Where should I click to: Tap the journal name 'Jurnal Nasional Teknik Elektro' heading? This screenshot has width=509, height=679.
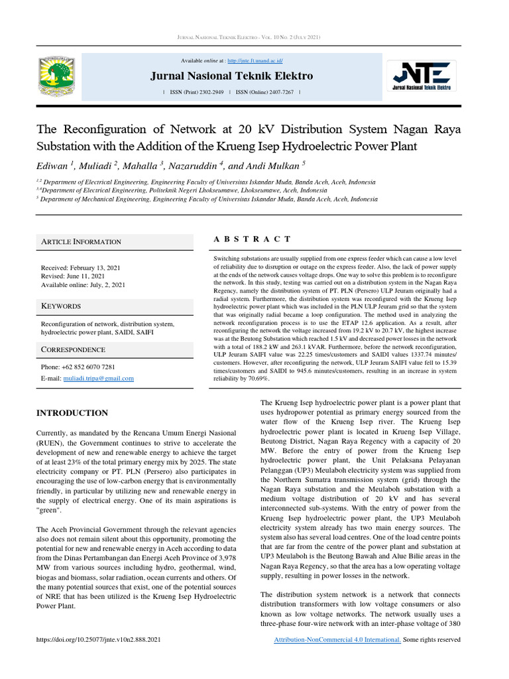(231, 76)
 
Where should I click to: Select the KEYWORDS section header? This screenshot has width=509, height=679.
(61, 306)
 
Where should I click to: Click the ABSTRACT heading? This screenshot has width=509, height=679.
(252, 239)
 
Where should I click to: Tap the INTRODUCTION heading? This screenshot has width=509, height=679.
(72, 413)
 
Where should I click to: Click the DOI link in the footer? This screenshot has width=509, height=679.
(98, 640)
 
